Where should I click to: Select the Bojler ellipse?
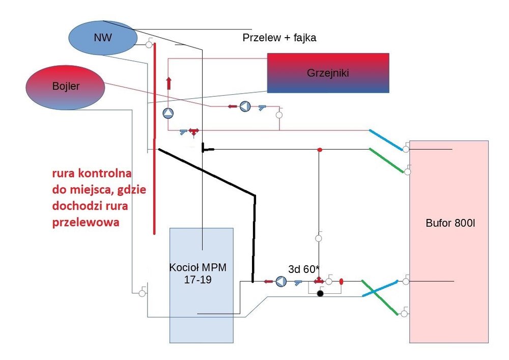coord(65,87)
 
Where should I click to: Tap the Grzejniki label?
coord(328,73)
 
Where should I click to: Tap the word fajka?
coord(303,38)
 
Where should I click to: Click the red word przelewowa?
coord(84,223)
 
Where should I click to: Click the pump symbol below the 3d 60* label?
coord(281,281)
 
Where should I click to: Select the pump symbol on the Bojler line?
coord(245,106)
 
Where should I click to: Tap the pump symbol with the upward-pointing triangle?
coord(168,113)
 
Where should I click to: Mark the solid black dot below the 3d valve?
coord(320,294)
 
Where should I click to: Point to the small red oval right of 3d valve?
coord(341,281)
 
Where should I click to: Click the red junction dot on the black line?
coord(320,150)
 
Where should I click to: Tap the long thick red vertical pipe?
coord(154,137)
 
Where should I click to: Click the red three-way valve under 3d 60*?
coord(319,281)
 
